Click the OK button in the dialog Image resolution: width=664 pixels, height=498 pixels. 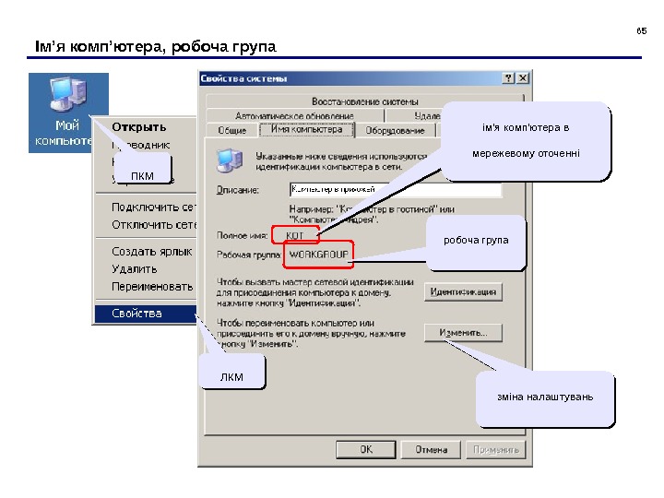pyautogui.click(x=366, y=450)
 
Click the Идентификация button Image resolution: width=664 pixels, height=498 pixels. pyautogui.click(x=463, y=292)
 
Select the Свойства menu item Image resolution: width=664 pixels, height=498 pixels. pyautogui.click(x=137, y=314)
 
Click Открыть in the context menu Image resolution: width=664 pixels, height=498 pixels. pyautogui.click(x=139, y=126)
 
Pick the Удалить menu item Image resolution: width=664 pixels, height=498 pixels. pyautogui.click(x=136, y=268)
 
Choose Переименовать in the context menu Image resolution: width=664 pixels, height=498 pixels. pyautogui.click(x=152, y=286)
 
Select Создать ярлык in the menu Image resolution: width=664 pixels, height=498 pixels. pyautogui.click(x=151, y=251)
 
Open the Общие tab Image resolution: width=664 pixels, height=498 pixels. pyautogui.click(x=231, y=131)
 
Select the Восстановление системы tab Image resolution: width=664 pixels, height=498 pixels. pyautogui.click(x=364, y=101)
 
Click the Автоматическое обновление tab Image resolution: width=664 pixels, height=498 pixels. pyautogui.click(x=294, y=116)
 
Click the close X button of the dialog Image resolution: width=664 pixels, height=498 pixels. pyautogui.click(x=522, y=78)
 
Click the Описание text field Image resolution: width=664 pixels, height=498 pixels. pyautogui.click(x=395, y=190)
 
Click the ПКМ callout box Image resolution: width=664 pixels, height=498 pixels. pyautogui.click(x=142, y=175)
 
